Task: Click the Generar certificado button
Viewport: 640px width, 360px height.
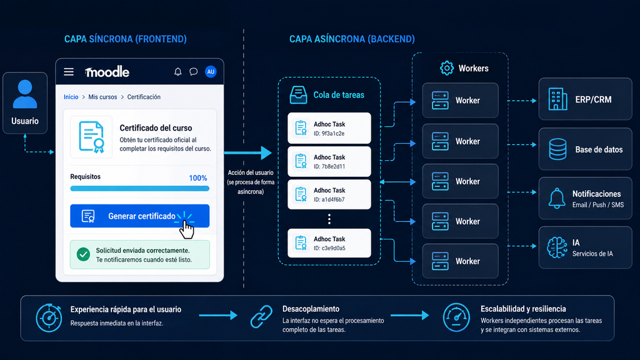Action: click(139, 216)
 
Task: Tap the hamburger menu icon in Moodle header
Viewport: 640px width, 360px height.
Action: click(69, 72)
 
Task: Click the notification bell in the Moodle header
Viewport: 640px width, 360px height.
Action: click(178, 72)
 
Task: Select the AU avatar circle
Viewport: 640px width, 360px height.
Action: click(211, 72)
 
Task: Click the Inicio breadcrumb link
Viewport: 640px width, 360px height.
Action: click(71, 97)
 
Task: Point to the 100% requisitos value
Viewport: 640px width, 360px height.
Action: click(198, 178)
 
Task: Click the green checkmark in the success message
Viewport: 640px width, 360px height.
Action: click(83, 254)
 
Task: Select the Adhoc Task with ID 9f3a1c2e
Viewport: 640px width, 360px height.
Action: click(329, 128)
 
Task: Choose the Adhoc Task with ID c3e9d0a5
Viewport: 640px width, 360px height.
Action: click(329, 243)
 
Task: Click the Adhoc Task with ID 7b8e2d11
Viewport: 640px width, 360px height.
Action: click(329, 161)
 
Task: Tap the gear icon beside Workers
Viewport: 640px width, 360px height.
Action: click(446, 68)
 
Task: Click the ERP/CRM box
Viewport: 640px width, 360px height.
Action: click(585, 99)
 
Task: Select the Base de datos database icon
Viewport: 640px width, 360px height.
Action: click(557, 149)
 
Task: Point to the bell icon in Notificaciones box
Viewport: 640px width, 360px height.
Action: click(557, 198)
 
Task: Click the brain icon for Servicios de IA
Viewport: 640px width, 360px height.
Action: click(557, 247)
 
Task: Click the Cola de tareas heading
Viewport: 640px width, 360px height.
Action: click(339, 95)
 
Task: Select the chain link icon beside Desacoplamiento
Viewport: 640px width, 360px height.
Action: click(261, 316)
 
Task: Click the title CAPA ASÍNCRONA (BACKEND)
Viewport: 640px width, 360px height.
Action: click(352, 39)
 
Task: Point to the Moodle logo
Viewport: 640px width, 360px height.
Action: click(107, 72)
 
